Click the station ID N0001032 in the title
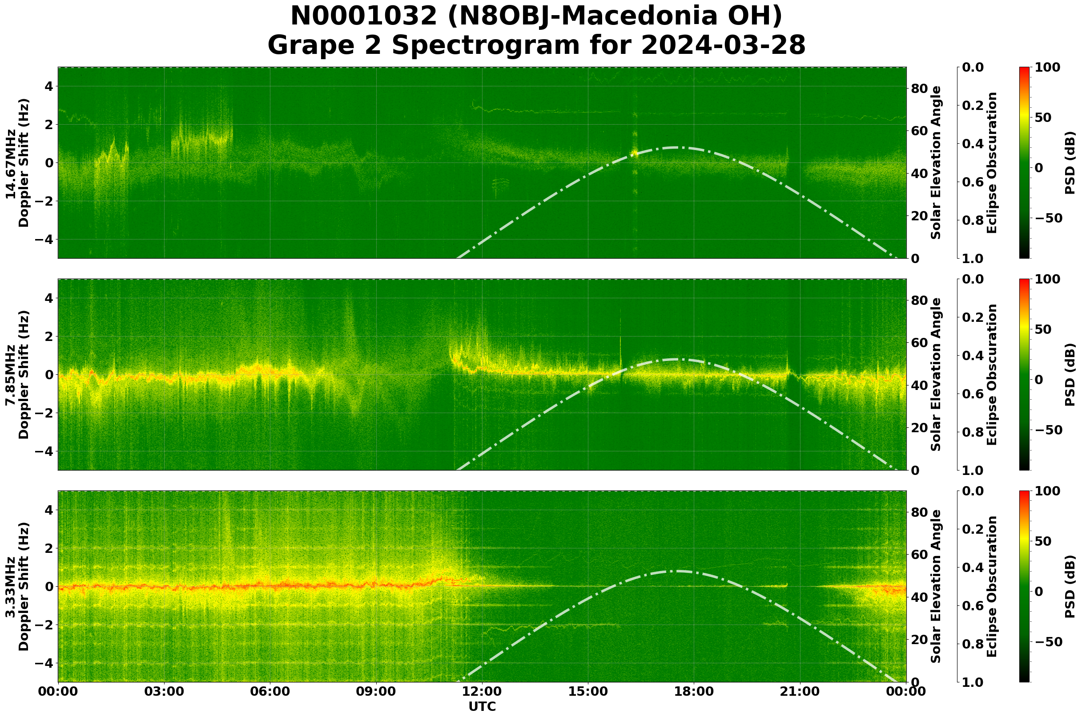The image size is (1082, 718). (x=364, y=16)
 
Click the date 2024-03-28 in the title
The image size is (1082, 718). (x=723, y=46)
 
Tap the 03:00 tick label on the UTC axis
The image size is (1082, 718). (x=164, y=691)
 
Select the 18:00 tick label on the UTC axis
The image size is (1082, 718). (x=694, y=691)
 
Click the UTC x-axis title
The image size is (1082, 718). (x=482, y=706)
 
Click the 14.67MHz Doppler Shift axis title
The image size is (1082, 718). (x=17, y=163)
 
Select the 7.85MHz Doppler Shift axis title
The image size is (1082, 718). (x=17, y=374)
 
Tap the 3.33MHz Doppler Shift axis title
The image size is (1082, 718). (x=17, y=587)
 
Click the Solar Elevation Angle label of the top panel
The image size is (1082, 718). (x=936, y=162)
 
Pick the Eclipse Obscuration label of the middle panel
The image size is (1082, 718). (x=991, y=374)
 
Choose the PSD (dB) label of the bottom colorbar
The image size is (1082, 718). (x=1070, y=587)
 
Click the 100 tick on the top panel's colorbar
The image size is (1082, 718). (x=1047, y=67)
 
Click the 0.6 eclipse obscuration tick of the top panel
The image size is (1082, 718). (x=973, y=182)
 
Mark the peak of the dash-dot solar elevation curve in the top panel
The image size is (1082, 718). (x=676, y=147)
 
